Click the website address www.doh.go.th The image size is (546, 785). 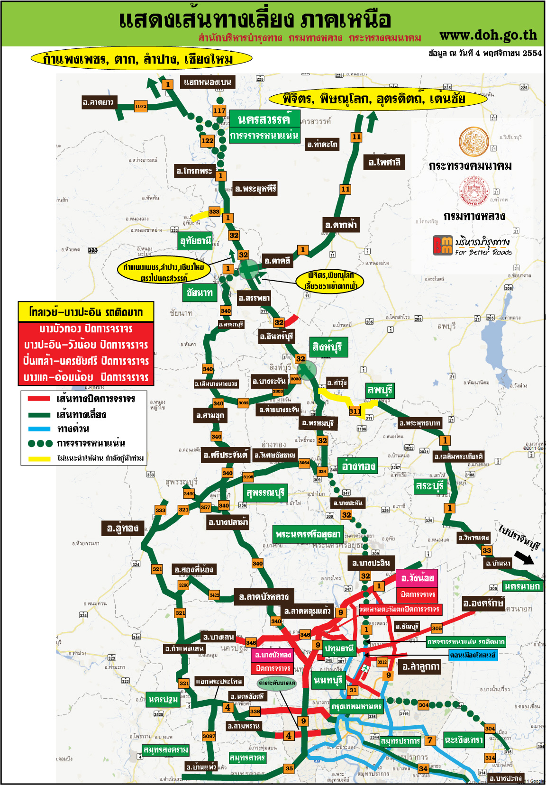[x=488, y=35]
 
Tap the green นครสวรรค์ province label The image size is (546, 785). [x=264, y=119]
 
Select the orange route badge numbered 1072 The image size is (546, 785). [x=141, y=106]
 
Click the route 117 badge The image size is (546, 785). [x=219, y=110]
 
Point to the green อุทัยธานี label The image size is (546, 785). [x=195, y=241]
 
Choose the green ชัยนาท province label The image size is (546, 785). [x=200, y=292]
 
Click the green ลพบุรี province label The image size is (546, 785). [x=380, y=390]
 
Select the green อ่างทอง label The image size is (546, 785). [x=358, y=466]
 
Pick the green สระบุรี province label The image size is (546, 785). [x=429, y=486]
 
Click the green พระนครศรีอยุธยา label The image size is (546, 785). [x=308, y=534]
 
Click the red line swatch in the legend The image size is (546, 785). [x=39, y=399]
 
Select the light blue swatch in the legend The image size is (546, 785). [x=39, y=429]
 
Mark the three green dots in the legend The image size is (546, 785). [x=40, y=444]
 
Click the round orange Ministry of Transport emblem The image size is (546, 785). [x=473, y=142]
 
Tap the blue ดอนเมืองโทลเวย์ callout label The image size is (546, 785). [x=473, y=655]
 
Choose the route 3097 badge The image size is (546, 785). [x=209, y=736]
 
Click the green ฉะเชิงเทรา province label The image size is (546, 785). [x=464, y=740]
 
